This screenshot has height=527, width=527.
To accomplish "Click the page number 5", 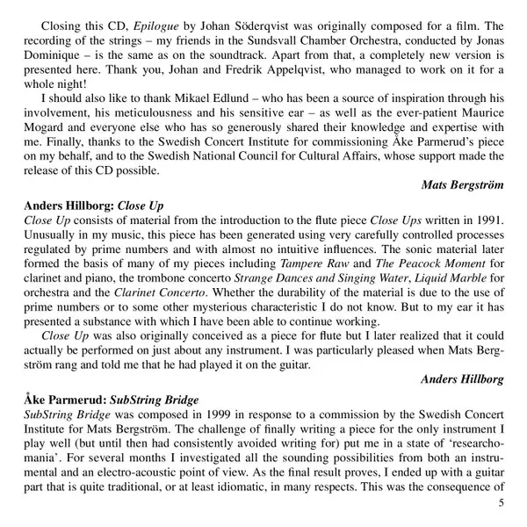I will pyautogui.click(x=501, y=502).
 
